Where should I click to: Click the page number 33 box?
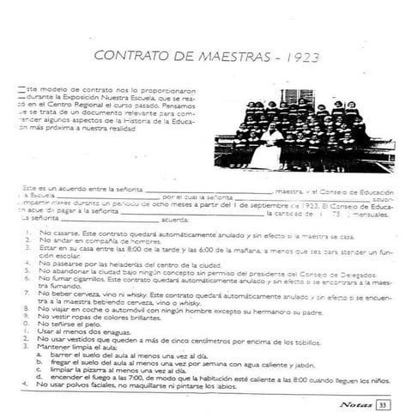[x=384, y=403]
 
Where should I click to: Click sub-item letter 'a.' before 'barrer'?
[x=42, y=354]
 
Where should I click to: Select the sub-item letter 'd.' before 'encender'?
[x=42, y=377]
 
